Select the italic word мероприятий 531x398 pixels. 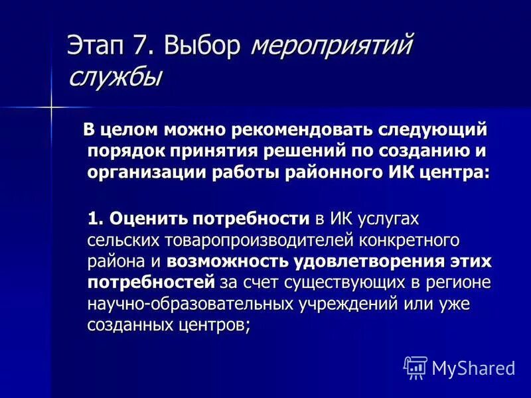point(333,47)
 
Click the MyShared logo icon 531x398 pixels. point(416,366)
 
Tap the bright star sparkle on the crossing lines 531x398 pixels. point(51,105)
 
